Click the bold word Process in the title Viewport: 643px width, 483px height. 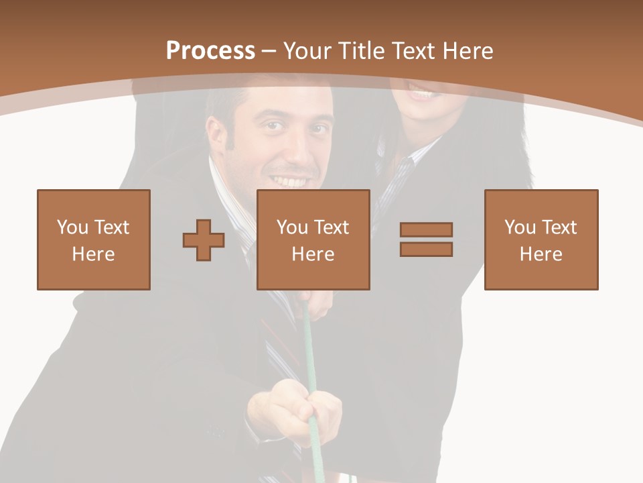click(210, 50)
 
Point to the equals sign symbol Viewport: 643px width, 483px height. click(426, 239)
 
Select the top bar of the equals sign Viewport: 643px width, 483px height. click(426, 229)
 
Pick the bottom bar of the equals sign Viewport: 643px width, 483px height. click(426, 249)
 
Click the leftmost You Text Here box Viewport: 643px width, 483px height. click(94, 239)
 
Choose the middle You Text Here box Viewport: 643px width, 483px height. click(313, 239)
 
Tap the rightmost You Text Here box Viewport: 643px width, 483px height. click(541, 239)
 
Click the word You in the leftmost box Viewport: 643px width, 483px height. click(72, 227)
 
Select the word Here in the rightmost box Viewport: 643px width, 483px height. click(541, 254)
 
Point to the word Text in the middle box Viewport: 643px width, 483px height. click(331, 227)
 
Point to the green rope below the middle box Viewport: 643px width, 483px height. click(309, 335)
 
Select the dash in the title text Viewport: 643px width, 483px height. click(269, 51)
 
